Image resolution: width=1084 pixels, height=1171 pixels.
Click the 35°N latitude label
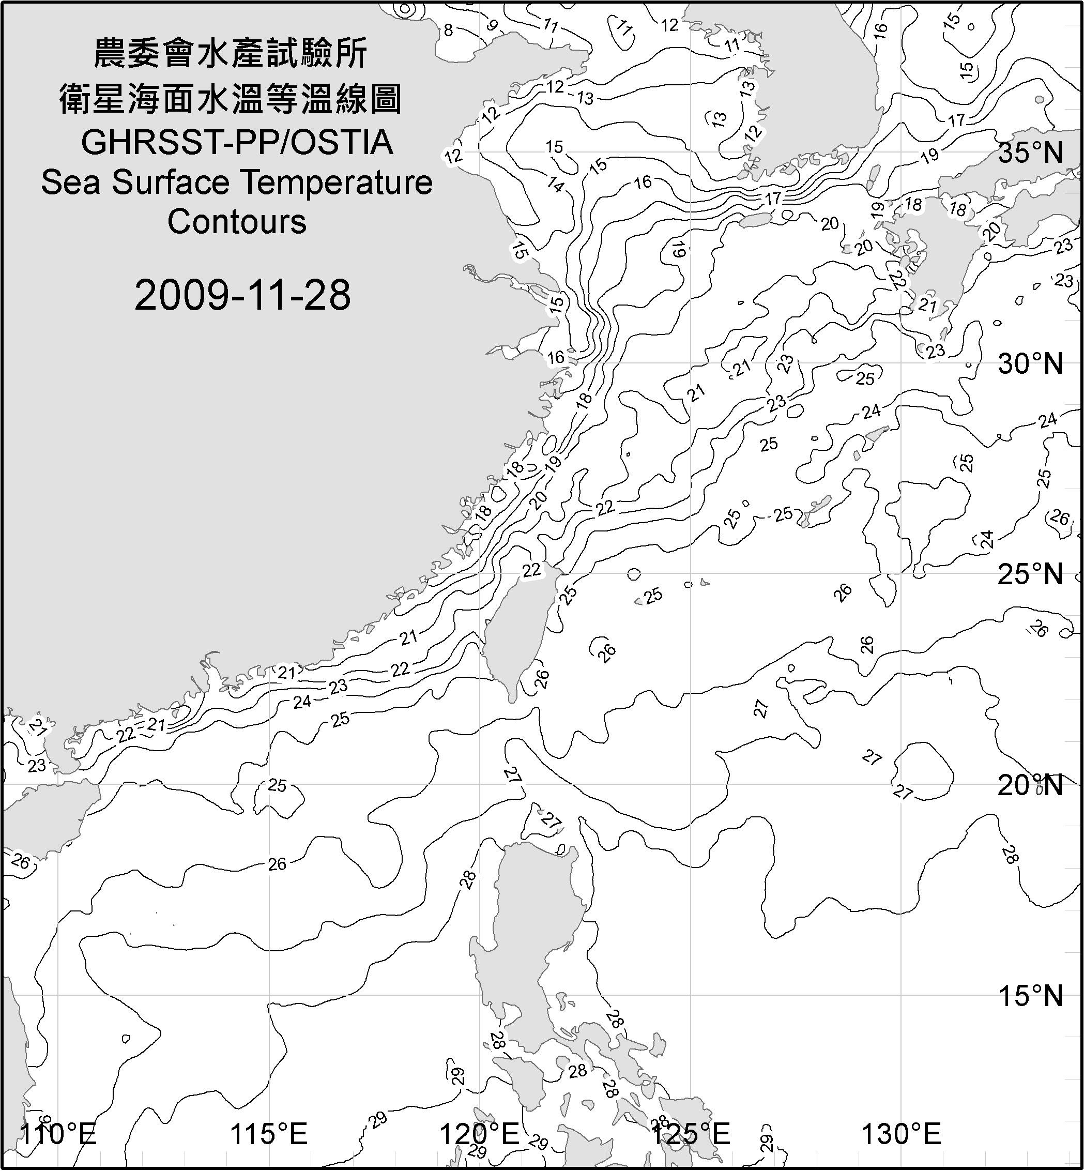pos(1030,153)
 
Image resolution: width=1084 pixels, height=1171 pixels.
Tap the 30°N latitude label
pos(1030,364)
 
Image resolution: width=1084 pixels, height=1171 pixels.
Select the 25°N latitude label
pos(1030,574)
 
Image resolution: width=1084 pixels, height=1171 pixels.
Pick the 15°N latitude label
pos(1030,996)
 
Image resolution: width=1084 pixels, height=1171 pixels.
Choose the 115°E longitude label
pos(269,1133)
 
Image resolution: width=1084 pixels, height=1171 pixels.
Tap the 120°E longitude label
pos(479,1133)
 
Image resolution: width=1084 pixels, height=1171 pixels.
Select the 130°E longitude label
pos(901,1133)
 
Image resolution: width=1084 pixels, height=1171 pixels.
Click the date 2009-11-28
pos(242,295)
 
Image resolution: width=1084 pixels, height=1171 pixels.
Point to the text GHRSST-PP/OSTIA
pos(237,143)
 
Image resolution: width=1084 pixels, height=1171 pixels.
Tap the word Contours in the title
pos(237,222)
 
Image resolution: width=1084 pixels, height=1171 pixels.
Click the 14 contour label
pos(555,186)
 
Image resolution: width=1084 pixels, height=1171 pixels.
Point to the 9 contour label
pos(492,25)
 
